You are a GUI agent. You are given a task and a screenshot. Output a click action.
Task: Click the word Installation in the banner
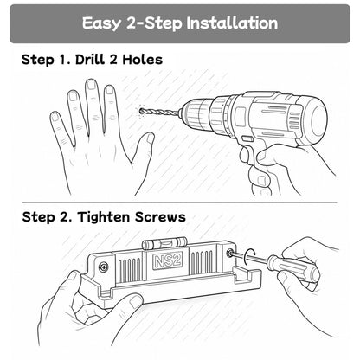coord(232,22)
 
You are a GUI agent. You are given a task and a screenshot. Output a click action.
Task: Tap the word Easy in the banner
coord(101,23)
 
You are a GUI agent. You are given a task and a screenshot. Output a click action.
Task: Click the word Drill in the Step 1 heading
coord(90,60)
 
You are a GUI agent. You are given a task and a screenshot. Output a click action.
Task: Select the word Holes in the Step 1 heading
coord(143,60)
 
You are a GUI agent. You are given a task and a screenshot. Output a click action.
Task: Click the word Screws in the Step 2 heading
coord(160,217)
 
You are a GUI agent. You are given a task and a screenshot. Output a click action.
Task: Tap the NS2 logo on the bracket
coord(168,261)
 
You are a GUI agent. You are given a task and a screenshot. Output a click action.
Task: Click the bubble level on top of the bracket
coord(164,244)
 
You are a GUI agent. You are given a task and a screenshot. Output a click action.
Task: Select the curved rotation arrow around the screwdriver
coord(249,257)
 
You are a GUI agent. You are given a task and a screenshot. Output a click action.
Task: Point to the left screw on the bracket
coord(104,267)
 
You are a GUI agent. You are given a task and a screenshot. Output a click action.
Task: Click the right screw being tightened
coord(230,253)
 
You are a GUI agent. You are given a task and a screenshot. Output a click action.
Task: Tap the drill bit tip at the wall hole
coord(141,111)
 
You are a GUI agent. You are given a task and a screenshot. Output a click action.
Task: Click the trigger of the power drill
coord(245,154)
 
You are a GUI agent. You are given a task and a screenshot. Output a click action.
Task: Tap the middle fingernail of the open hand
coord(92,85)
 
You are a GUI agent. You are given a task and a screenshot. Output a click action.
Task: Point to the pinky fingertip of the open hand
coord(55,117)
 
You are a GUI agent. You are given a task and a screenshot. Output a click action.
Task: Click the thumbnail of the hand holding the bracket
coord(136,301)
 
